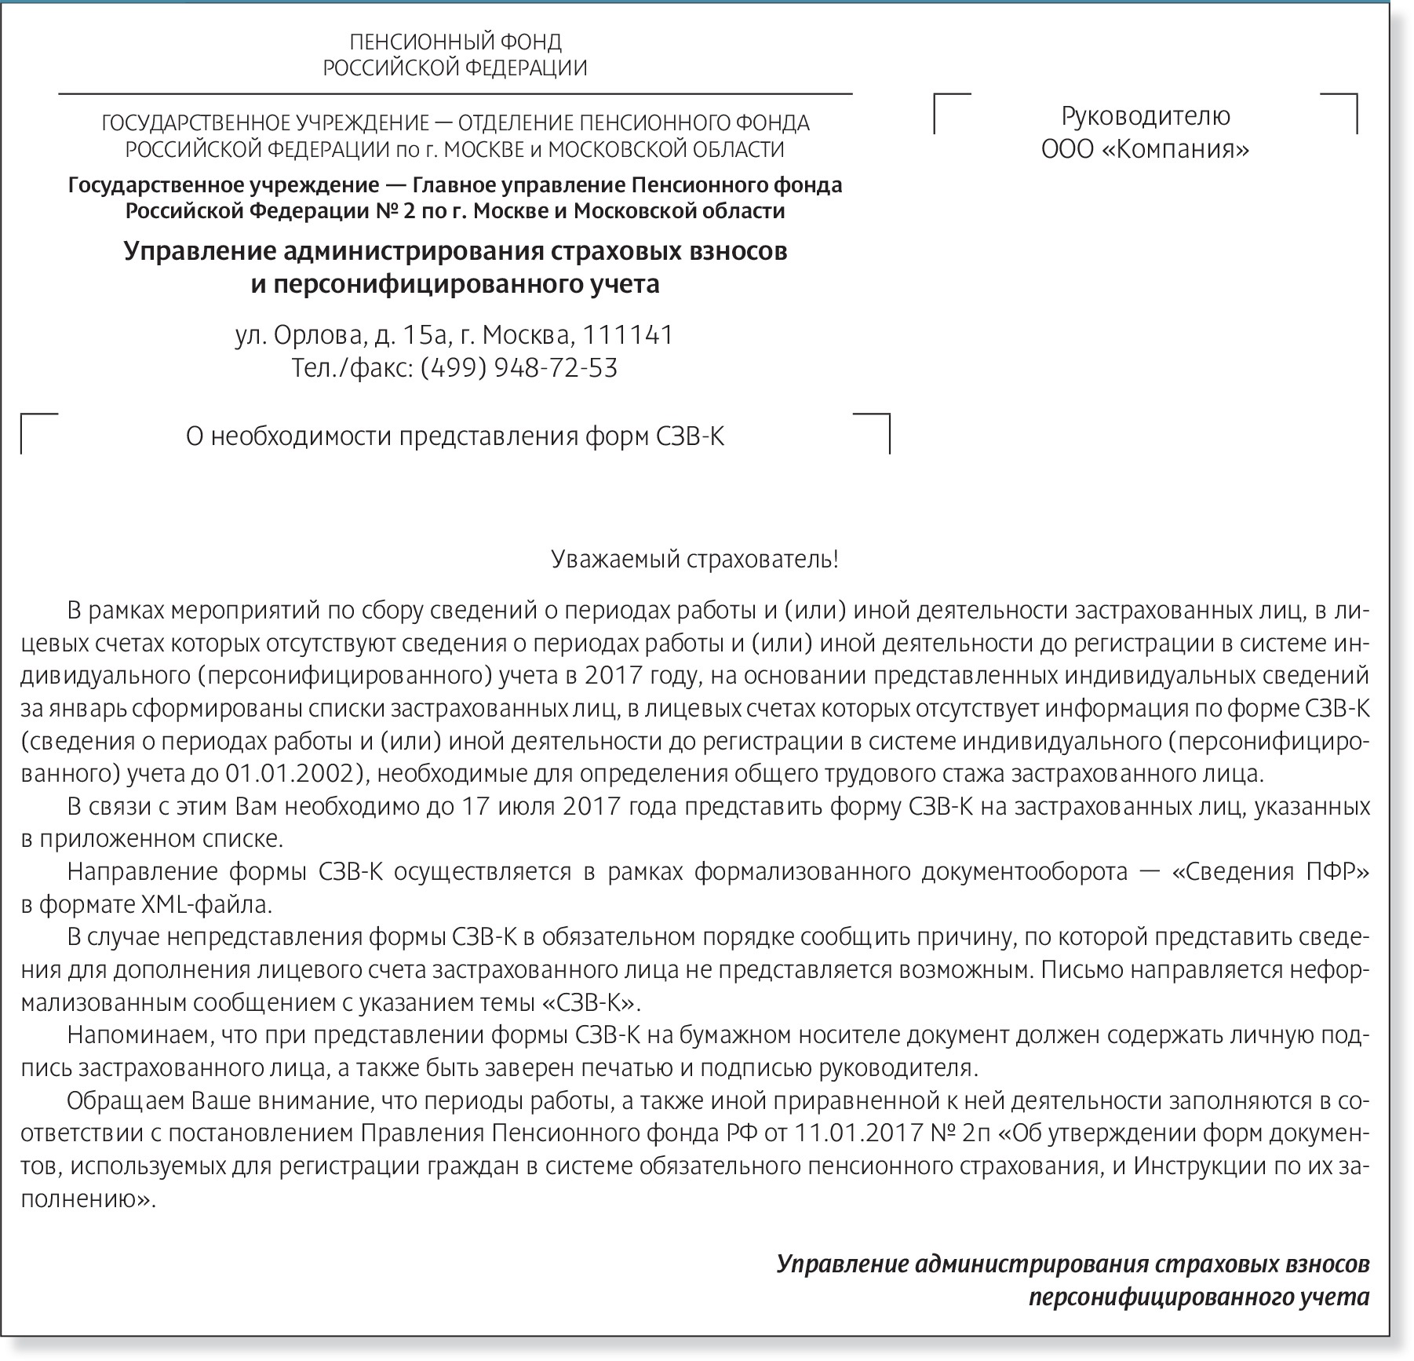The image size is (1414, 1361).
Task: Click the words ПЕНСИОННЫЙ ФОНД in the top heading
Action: (x=455, y=42)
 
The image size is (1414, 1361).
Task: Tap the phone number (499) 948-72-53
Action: (x=519, y=368)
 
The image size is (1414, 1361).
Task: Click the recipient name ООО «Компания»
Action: (x=1145, y=149)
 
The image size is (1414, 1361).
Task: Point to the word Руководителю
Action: (x=1146, y=116)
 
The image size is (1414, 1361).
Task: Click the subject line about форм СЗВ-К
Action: (x=455, y=436)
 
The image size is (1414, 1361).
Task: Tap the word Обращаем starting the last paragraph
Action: (x=126, y=1101)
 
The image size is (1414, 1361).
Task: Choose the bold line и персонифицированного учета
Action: (x=455, y=283)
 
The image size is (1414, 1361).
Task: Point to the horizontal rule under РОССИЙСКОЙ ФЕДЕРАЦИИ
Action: (x=455, y=94)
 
